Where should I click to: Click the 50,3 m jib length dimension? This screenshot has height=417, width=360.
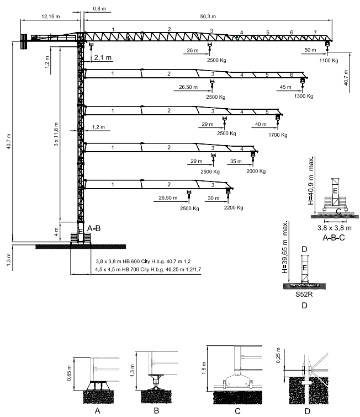pyautogui.click(x=205, y=17)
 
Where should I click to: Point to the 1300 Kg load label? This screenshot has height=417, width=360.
pyautogui.click(x=304, y=96)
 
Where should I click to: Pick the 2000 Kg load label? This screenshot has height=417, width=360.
pyautogui.click(x=256, y=171)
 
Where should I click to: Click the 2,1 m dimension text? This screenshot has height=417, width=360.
pyautogui.click(x=103, y=57)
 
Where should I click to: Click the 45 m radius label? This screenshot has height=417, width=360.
pyautogui.click(x=286, y=87)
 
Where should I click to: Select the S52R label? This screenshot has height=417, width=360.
pyautogui.click(x=304, y=294)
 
